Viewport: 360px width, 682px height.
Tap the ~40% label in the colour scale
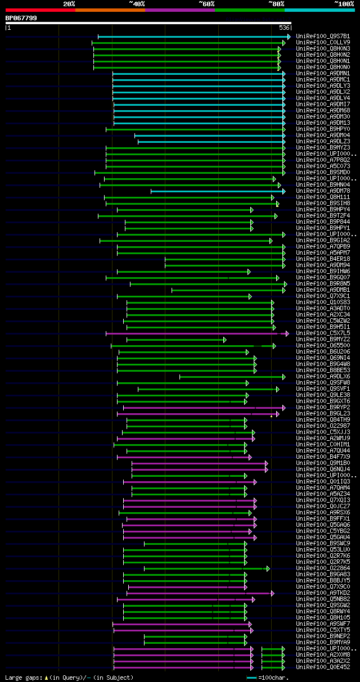click(137, 4)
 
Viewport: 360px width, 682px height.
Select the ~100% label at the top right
click(344, 4)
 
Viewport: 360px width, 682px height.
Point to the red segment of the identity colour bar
click(40, 10)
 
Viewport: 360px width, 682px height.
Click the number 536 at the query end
click(284, 28)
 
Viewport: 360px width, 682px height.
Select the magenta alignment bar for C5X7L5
click(191, 333)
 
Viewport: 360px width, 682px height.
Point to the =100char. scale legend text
click(274, 678)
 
